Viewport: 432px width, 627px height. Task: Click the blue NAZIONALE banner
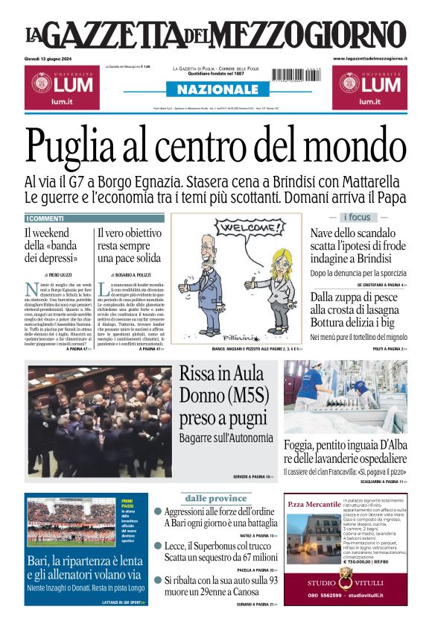(x=216, y=89)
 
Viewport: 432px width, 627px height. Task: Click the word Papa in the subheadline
(x=391, y=198)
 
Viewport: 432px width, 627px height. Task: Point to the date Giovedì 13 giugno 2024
(x=53, y=58)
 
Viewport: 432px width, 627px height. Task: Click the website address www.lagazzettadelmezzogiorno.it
(x=369, y=58)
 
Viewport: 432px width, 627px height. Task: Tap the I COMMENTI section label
(x=46, y=218)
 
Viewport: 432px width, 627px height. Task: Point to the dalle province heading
(x=215, y=497)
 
